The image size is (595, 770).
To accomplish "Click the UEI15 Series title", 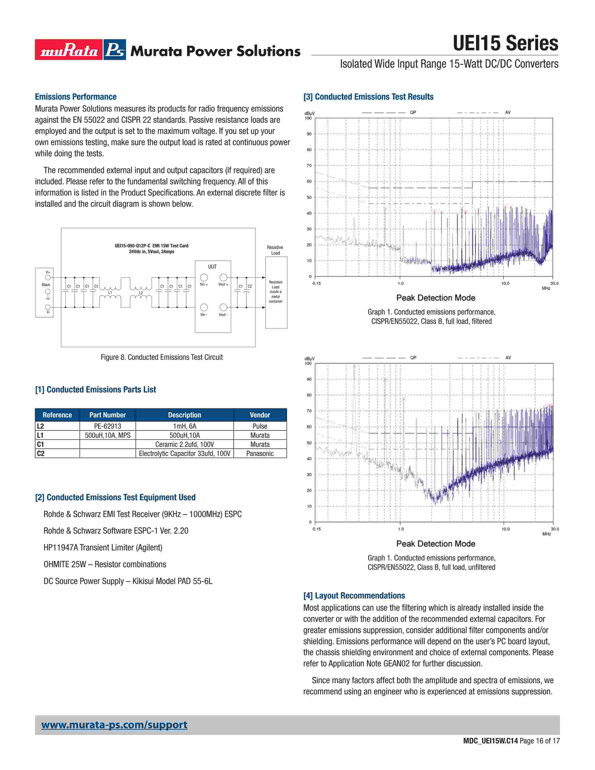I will pos(505,44).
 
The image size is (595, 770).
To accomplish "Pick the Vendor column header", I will pos(260,415).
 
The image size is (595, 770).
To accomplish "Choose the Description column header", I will pos(184,415).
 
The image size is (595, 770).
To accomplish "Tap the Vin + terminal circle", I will pos(204,277).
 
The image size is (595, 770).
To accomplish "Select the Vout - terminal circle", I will pos(223,308).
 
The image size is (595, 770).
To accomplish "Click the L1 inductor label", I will pos(110,293).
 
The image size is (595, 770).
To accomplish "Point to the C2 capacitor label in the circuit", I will pos(250,286).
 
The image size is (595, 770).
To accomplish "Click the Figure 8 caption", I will pos(161,357).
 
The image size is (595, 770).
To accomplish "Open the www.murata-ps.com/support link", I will pos(114,725).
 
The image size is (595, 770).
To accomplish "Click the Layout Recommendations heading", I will pos(354,595).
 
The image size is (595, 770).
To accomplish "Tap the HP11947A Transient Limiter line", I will pos(103,548).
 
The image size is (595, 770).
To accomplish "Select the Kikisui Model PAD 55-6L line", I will pos(128,581).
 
